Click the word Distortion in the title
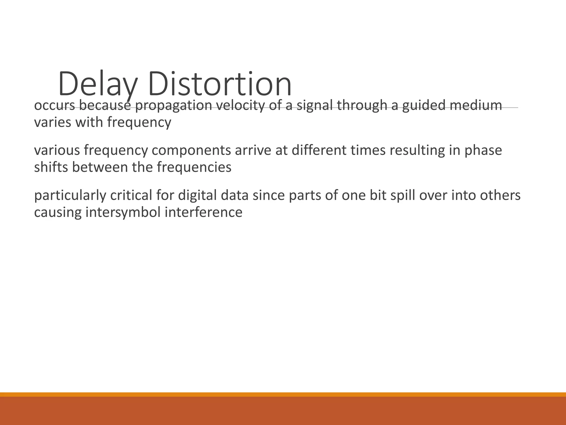pos(220,84)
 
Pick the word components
pos(191,150)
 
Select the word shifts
pos(51,167)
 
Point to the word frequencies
pos(194,167)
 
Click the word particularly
pos(70,195)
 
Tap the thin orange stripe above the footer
pos(283,394)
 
